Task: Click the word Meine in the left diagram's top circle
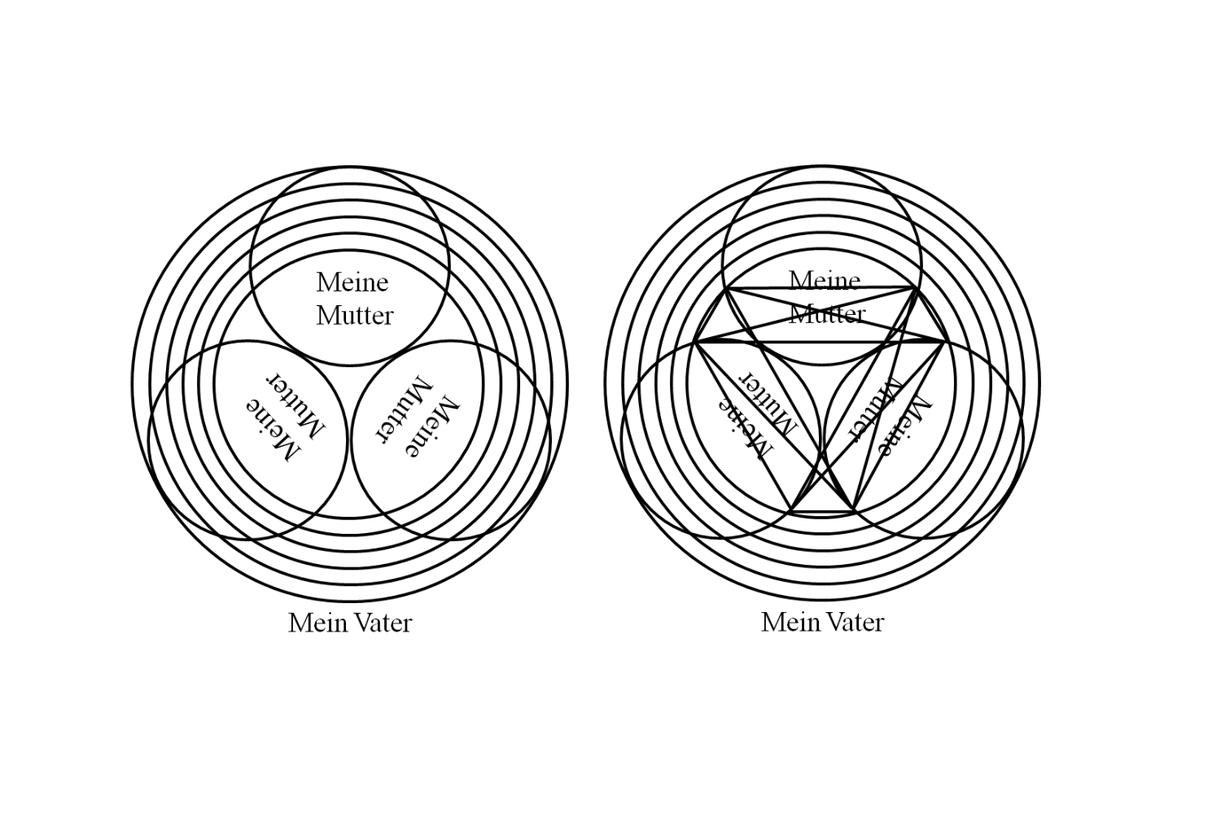(x=352, y=282)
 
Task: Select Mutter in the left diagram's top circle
(x=355, y=316)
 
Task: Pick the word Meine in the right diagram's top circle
(x=825, y=281)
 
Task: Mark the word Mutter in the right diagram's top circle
(x=827, y=314)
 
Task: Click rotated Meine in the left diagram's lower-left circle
(x=273, y=431)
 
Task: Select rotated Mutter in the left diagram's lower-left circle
(x=295, y=405)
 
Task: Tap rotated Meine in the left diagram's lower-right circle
(x=431, y=426)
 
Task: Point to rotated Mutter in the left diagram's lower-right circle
(x=404, y=409)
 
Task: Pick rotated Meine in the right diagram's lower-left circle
(x=745, y=430)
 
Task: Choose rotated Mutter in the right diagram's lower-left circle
(x=768, y=405)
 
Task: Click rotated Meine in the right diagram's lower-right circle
(x=904, y=426)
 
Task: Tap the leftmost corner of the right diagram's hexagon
(x=695, y=342)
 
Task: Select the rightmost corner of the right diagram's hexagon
(x=944, y=342)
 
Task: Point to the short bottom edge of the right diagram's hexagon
(x=821, y=512)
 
